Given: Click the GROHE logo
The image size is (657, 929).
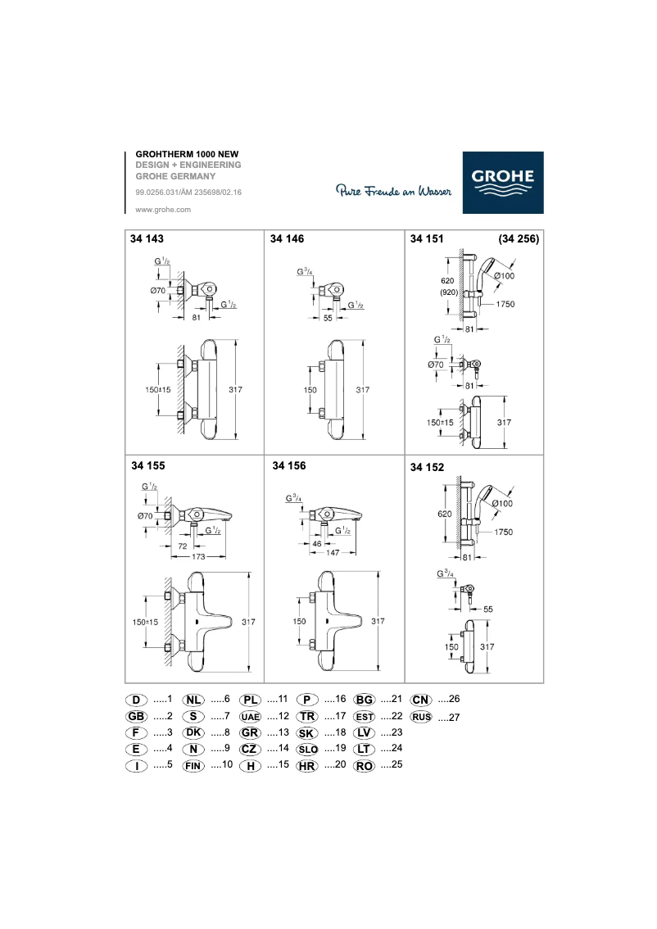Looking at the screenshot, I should [x=502, y=182].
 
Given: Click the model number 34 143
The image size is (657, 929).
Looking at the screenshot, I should [x=148, y=239].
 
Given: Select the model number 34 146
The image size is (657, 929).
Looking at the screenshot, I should [x=288, y=239].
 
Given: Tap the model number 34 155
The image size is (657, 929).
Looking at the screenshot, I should [x=148, y=465].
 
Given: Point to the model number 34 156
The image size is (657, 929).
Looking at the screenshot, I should [x=288, y=465].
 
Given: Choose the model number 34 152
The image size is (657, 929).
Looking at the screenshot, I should [x=427, y=467].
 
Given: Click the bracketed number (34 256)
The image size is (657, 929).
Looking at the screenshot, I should [x=519, y=239].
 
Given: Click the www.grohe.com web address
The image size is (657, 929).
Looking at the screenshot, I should [x=162, y=210].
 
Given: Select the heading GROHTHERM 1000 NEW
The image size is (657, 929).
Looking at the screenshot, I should [x=187, y=154].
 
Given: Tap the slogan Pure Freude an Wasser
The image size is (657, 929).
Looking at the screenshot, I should [x=394, y=192].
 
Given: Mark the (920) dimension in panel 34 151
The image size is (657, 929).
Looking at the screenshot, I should [x=447, y=292].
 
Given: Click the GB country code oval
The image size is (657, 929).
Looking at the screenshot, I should [x=136, y=716].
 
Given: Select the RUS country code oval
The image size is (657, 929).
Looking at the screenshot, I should [x=422, y=717].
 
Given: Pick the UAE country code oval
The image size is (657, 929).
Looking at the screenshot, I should [x=251, y=717].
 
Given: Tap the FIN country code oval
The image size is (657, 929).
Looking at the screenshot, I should [x=194, y=765].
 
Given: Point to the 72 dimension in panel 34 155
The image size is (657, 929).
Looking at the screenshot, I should [x=183, y=545].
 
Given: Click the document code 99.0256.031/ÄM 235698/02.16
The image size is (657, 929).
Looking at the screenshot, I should [x=188, y=193].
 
